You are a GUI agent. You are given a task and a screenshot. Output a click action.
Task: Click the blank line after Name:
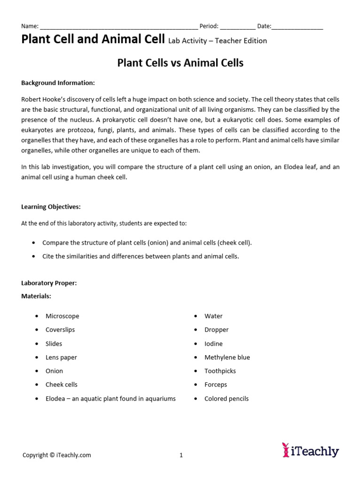[118, 27]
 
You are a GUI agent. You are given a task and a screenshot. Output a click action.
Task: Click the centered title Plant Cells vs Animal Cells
[180, 62]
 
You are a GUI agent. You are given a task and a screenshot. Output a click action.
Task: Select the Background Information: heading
[58, 83]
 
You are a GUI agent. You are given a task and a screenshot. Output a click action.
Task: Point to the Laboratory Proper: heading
[49, 283]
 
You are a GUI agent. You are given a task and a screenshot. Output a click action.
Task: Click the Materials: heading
[36, 296]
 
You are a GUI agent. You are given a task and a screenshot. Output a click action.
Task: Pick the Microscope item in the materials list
[62, 316]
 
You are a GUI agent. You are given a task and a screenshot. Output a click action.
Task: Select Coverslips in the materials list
[60, 330]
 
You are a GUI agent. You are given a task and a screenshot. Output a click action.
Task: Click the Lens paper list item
[61, 357]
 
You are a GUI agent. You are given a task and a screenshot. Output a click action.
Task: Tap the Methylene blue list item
[227, 357]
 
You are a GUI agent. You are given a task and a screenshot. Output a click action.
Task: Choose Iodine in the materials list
[213, 344]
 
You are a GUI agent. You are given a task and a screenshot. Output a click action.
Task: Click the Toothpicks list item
[220, 371]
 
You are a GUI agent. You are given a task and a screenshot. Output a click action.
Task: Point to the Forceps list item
[216, 385]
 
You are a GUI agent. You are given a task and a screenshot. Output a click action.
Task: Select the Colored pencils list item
[227, 399]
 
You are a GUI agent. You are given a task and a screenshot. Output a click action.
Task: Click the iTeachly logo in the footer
[310, 450]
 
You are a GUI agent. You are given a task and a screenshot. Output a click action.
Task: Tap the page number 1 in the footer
[181, 455]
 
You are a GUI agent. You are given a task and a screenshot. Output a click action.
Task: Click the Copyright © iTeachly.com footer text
[57, 455]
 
